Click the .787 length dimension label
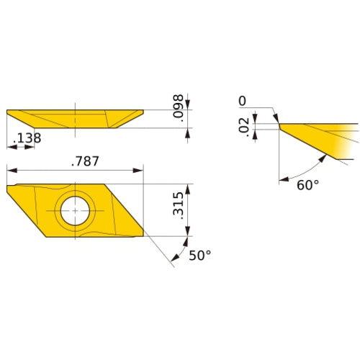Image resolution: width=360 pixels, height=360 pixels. click(x=84, y=161)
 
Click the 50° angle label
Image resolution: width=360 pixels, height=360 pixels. click(x=199, y=256)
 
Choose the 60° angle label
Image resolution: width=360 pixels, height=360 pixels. click(x=307, y=185)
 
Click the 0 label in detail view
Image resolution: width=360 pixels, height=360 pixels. click(x=242, y=100)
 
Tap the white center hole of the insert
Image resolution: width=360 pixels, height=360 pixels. click(x=75, y=212)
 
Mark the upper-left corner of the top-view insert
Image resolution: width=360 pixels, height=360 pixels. click(x=8, y=186)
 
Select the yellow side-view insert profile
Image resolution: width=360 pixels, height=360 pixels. click(x=72, y=118)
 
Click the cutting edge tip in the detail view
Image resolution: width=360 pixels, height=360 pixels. click(x=279, y=124)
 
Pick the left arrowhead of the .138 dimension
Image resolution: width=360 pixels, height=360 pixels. click(x=10, y=147)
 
